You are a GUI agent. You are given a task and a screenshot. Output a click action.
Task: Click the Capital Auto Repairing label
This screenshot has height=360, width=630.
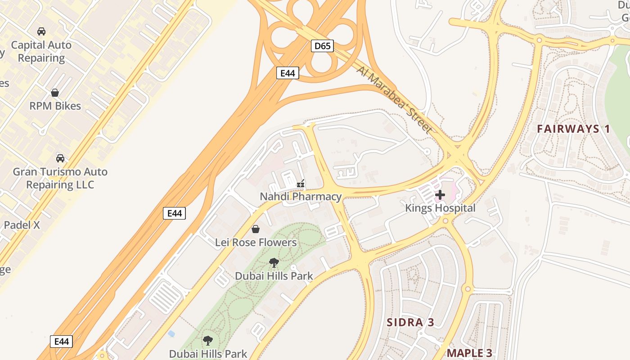pyautogui.click(x=41, y=51)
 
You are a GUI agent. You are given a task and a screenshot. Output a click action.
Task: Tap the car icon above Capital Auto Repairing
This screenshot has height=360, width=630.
pyautogui.click(x=41, y=31)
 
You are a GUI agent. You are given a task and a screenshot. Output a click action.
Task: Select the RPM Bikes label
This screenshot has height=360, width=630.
pyautogui.click(x=55, y=106)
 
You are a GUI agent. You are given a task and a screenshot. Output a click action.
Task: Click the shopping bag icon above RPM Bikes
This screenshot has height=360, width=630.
pyautogui.click(x=55, y=93)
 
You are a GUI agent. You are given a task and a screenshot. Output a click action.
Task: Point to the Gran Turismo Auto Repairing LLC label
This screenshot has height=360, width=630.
pyautogui.click(x=60, y=178)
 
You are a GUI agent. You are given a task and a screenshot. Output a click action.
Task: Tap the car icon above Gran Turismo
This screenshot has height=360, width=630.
pyautogui.click(x=60, y=158)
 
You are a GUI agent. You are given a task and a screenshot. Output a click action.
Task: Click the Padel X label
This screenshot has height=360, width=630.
pyautogui.click(x=22, y=225)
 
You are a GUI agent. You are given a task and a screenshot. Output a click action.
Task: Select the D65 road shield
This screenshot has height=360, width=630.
pyautogui.click(x=322, y=45)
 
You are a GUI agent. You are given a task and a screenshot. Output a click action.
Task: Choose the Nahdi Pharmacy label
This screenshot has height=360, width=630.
pyautogui.click(x=301, y=196)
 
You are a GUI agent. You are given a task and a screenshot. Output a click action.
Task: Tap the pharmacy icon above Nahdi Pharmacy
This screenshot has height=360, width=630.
pyautogui.click(x=301, y=184)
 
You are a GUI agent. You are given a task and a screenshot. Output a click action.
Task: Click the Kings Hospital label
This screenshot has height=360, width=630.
pyautogui.click(x=440, y=208)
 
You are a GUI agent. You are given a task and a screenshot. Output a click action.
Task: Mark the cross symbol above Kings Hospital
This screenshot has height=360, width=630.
pyautogui.click(x=440, y=195)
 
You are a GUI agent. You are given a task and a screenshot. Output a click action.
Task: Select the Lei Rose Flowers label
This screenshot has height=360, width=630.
pyautogui.click(x=256, y=242)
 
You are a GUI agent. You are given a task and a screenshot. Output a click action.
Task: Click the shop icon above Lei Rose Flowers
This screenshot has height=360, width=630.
pyautogui.click(x=256, y=229)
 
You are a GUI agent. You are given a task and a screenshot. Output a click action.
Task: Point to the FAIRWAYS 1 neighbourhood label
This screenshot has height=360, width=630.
pyautogui.click(x=573, y=129)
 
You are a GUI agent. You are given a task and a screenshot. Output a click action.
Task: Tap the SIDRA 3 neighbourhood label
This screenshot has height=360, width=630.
pyautogui.click(x=411, y=322)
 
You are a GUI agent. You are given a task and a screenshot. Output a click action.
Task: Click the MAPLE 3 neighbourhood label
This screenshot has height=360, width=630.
pyautogui.click(x=469, y=353)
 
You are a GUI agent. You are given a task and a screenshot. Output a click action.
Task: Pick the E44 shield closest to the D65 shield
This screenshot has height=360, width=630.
pyautogui.click(x=287, y=73)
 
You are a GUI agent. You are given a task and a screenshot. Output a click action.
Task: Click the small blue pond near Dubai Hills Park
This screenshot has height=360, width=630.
pyautogui.click(x=171, y=333)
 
